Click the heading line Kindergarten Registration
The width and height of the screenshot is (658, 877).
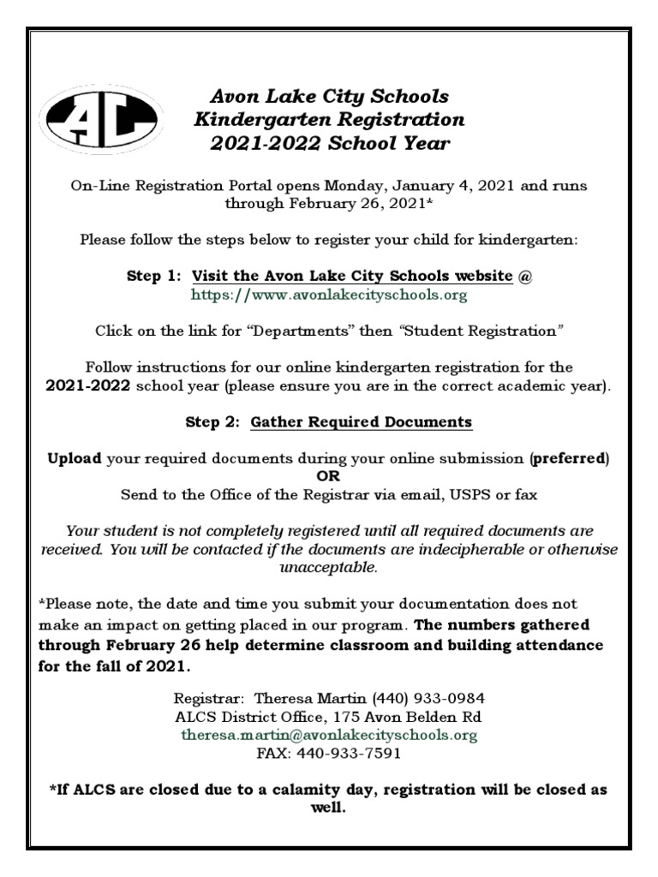[330, 119]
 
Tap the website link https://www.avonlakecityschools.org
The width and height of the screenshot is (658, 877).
[328, 295]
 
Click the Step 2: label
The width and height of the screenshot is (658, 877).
[214, 422]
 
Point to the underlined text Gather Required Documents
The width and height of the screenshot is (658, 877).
[361, 422]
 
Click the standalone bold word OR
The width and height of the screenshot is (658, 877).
[329, 475]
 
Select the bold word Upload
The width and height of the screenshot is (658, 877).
[75, 458]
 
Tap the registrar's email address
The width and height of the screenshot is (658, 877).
[329, 735]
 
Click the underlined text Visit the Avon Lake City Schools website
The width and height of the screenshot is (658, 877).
[352, 276]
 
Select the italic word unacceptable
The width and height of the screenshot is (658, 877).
[328, 568]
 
